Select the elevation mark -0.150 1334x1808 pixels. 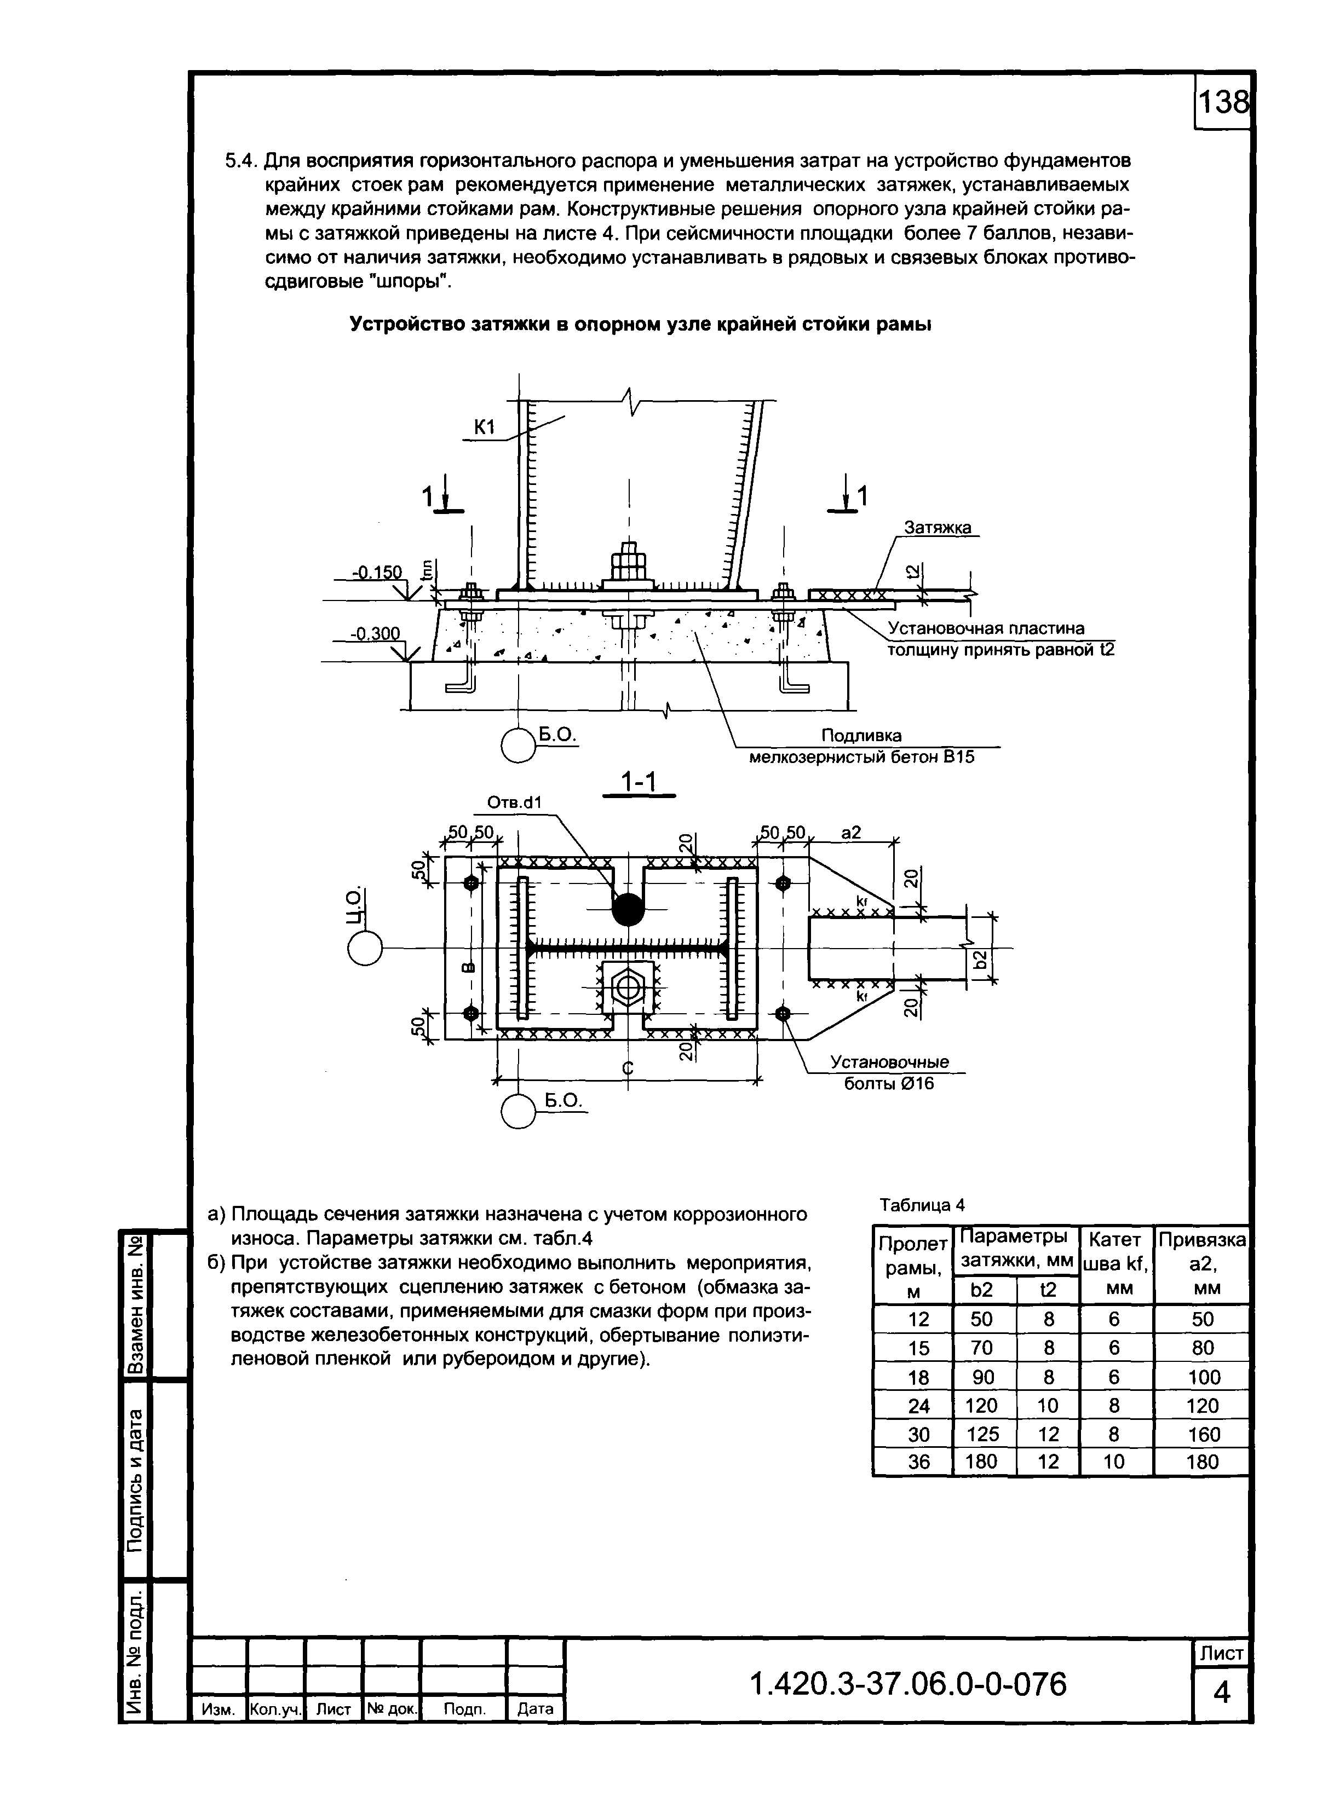pos(376,572)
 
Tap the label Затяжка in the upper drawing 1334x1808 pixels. pos(937,527)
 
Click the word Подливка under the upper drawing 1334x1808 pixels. pos(861,735)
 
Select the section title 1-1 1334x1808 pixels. pos(638,782)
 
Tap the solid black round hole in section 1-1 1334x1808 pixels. pos(628,910)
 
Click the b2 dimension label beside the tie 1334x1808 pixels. pos(980,959)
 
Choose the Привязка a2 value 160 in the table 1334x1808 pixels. pos(1203,1434)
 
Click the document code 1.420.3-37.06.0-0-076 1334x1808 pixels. pos(909,1684)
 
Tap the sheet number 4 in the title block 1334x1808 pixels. pos(1222,1693)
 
